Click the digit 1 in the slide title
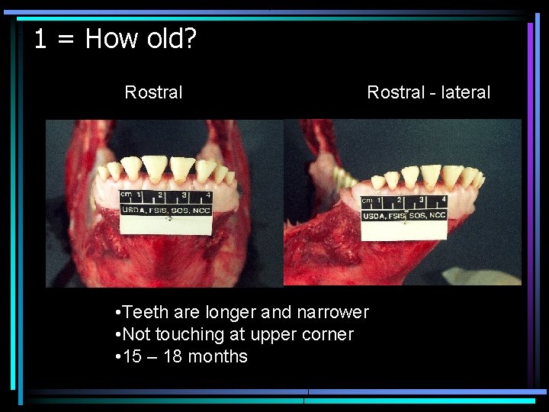click(40, 39)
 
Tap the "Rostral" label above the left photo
click(153, 92)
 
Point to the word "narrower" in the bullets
click(332, 312)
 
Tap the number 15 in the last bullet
click(132, 356)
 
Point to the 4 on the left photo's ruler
click(207, 196)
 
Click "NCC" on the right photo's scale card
click(437, 215)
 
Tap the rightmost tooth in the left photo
click(230, 177)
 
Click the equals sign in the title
click(66, 39)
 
